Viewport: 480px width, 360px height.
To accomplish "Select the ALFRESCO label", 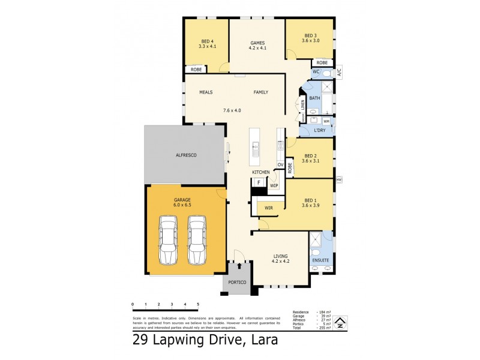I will click(x=185, y=155).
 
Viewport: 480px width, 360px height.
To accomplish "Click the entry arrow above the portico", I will click(x=239, y=265).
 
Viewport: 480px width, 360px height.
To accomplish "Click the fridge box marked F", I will click(x=259, y=182).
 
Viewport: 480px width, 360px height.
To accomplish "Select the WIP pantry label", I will click(x=274, y=186).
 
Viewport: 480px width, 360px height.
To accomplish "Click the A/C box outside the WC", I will click(x=338, y=73).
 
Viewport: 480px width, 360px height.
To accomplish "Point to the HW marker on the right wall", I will click(x=339, y=179).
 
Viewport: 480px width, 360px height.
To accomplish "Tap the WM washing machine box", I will click(x=326, y=122).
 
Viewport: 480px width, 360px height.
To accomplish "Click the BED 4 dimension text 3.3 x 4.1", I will click(x=206, y=46).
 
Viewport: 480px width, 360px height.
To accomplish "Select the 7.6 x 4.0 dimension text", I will click(x=232, y=110).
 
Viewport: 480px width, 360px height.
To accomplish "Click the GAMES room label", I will click(x=257, y=41).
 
